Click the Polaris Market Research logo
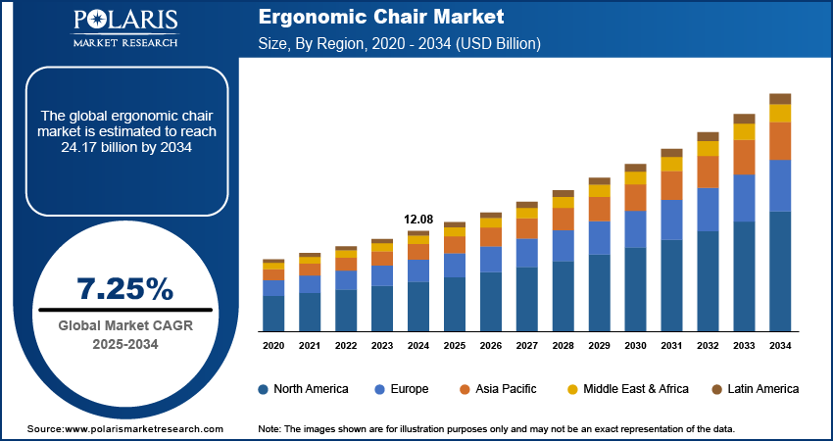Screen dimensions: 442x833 [124, 28]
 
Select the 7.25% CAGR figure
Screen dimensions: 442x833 [124, 288]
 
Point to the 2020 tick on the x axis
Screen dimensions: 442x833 [273, 346]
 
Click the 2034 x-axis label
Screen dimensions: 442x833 [780, 346]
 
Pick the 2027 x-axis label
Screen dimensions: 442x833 [526, 346]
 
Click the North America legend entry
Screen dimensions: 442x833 [303, 389]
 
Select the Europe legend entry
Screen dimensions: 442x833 [402, 389]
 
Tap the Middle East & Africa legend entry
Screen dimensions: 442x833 [627, 389]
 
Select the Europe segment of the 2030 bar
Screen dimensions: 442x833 [635, 228]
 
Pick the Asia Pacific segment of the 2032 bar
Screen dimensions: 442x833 [708, 172]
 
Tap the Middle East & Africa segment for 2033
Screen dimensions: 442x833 [744, 131]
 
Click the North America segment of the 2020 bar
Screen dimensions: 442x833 [273, 314]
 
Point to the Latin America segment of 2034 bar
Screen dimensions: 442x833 [780, 98]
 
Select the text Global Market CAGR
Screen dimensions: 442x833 [124, 325]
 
